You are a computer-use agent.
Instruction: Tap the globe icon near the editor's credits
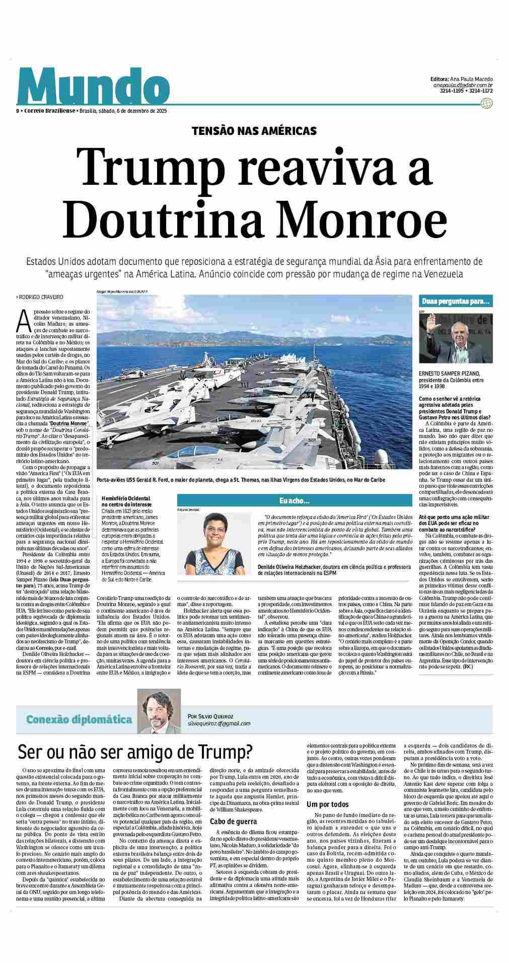tap(486, 103)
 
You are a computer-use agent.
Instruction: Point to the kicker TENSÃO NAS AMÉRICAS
tap(254, 131)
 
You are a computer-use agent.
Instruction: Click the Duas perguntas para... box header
tap(456, 302)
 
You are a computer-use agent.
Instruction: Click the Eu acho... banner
tap(295, 500)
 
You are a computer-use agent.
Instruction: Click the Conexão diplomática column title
tap(79, 719)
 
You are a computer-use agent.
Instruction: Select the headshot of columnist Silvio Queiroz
tap(159, 711)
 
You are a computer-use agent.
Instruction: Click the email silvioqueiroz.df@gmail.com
tap(219, 723)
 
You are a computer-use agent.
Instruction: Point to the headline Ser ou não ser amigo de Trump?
tap(135, 753)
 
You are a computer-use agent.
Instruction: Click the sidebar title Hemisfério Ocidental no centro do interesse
tap(126, 500)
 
